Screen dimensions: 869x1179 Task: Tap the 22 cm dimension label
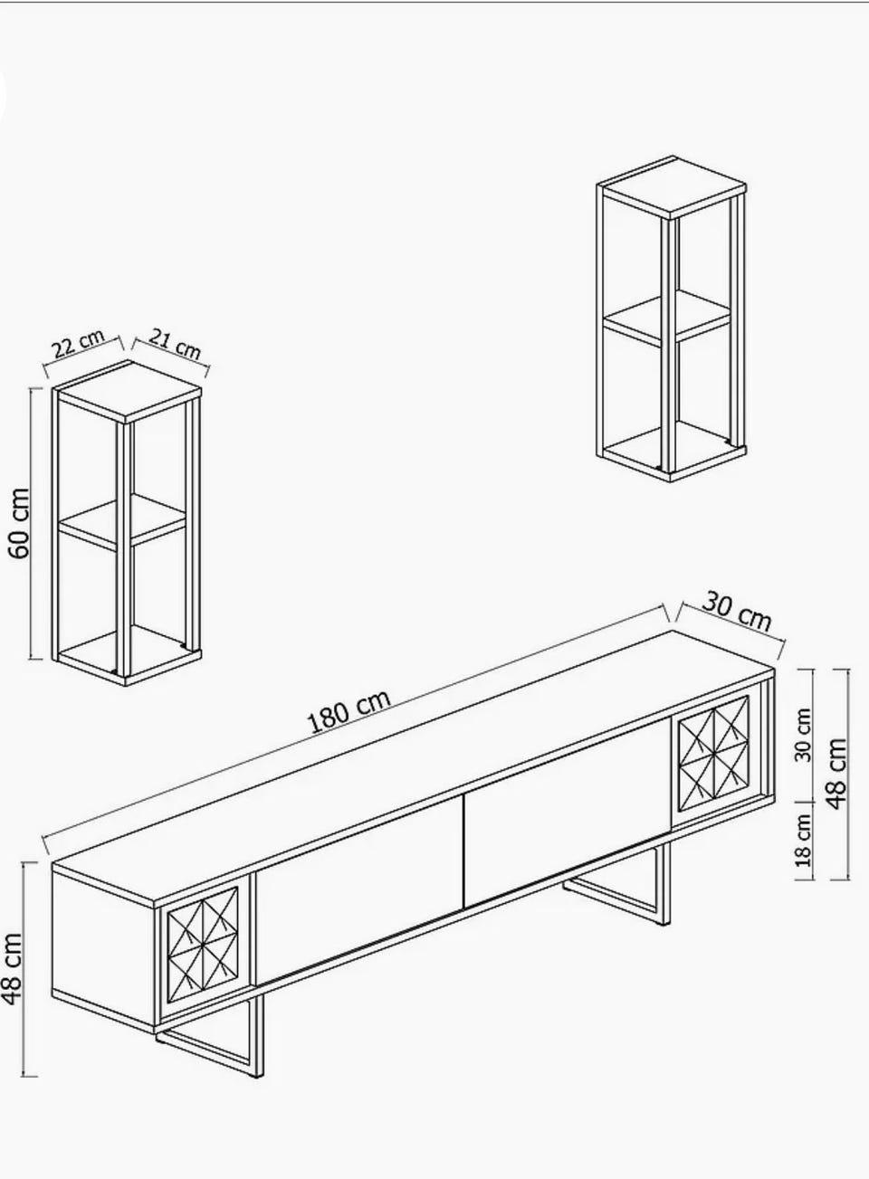click(x=79, y=343)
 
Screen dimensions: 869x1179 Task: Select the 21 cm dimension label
click(x=175, y=343)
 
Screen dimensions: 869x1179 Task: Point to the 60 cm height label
click(x=20, y=523)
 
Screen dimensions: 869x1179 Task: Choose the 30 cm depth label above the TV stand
click(x=737, y=612)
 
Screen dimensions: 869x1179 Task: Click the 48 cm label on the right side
click(x=836, y=774)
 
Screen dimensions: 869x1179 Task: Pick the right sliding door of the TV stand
click(x=568, y=813)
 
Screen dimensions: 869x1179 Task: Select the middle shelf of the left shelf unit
click(x=122, y=521)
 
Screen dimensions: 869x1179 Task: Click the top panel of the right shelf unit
click(x=672, y=187)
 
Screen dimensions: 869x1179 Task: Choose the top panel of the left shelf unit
click(x=127, y=392)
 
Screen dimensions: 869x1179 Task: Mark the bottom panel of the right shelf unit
click(x=674, y=452)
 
